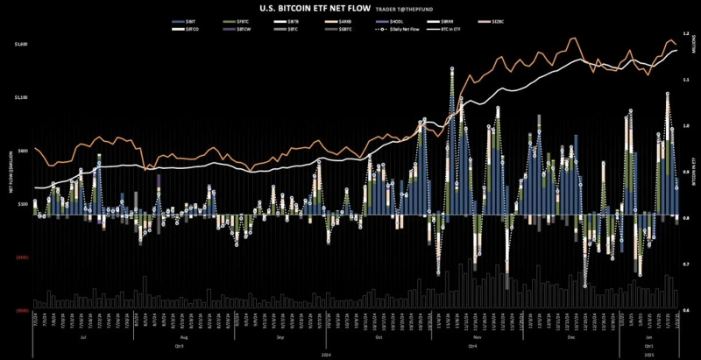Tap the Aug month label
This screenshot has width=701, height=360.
[184, 336]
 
